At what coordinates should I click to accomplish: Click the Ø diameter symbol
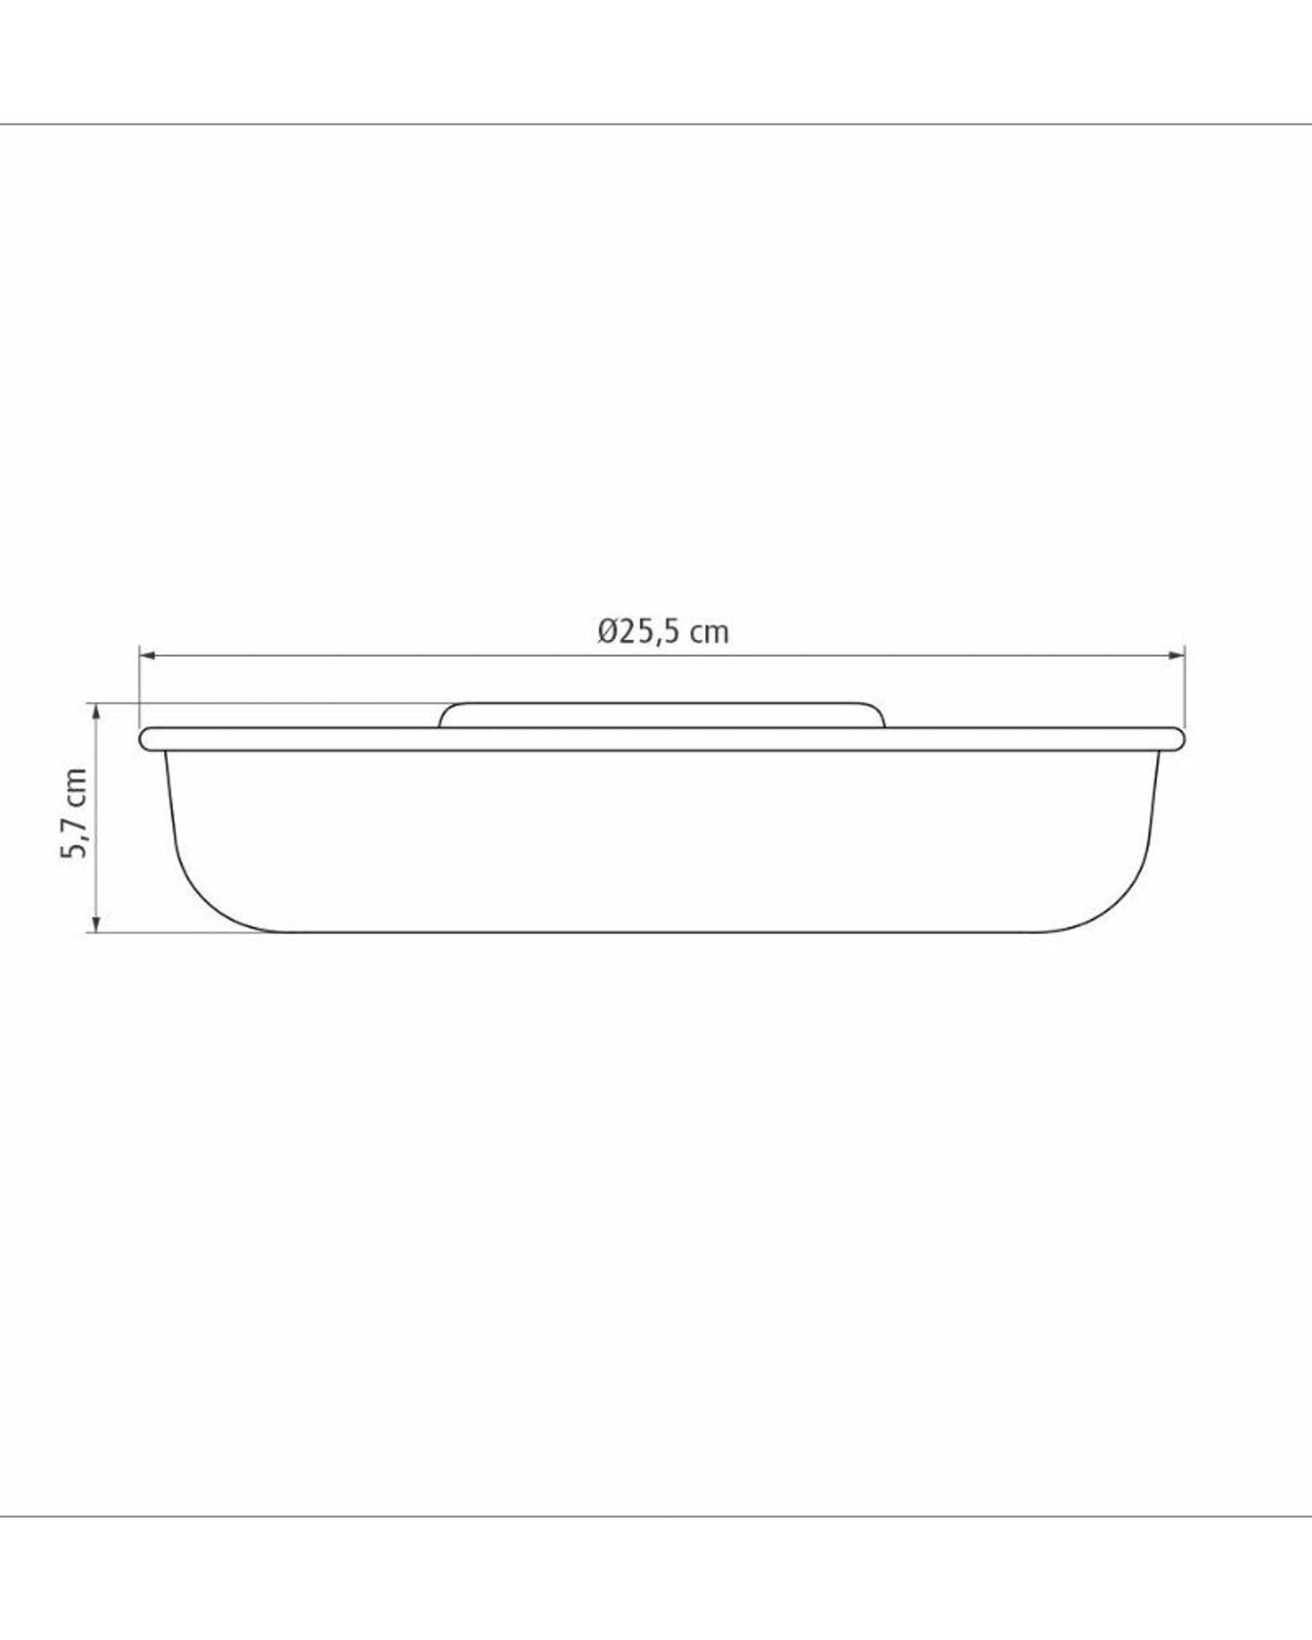click(x=608, y=631)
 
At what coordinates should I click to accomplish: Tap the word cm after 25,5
click(x=709, y=633)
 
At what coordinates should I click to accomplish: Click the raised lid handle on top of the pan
click(x=661, y=715)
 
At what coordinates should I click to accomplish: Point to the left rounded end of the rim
click(x=145, y=739)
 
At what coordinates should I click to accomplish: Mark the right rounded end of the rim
click(x=1179, y=739)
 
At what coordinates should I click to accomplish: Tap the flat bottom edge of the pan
click(x=661, y=932)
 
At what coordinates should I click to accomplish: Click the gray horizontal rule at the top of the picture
click(x=656, y=123)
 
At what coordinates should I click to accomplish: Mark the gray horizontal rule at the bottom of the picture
click(x=656, y=1516)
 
